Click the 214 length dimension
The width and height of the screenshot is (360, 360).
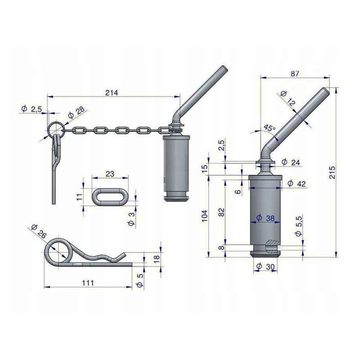tap(112, 93)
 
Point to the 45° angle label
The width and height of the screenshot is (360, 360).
tap(269, 128)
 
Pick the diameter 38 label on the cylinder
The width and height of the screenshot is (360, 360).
tap(265, 218)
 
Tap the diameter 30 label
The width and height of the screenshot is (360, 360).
tap(265, 267)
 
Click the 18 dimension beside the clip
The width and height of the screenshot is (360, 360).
tap(157, 259)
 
